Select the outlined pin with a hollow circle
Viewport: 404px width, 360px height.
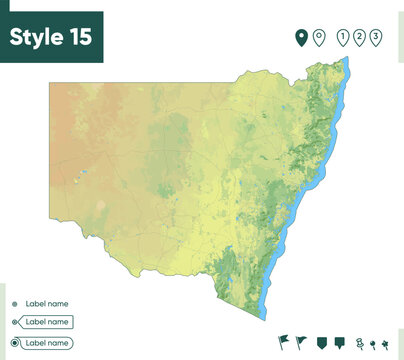[x=319, y=37]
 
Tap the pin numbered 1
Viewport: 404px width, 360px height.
[x=344, y=37]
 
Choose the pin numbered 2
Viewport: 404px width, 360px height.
[x=360, y=37]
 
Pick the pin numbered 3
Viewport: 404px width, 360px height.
[x=376, y=37]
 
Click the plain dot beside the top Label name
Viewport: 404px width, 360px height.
[x=14, y=303]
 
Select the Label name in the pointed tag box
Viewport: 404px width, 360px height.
[x=47, y=322]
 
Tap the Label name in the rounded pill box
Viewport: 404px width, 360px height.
[x=48, y=343]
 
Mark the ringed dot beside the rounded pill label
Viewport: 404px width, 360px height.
[x=14, y=343]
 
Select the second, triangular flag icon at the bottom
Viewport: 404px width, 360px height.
[x=301, y=341]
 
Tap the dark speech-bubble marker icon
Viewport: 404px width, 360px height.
[x=339, y=342]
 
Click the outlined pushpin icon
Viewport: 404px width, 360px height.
[x=358, y=343]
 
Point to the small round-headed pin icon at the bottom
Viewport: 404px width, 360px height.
[x=371, y=344]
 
